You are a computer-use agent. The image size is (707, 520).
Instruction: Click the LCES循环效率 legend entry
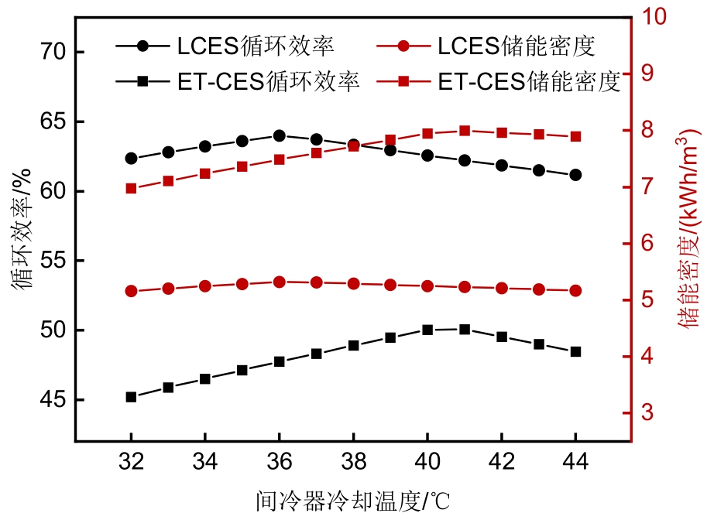pos(225,46)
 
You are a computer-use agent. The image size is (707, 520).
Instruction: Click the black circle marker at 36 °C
pos(279,135)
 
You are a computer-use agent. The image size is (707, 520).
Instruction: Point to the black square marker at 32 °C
pos(131,397)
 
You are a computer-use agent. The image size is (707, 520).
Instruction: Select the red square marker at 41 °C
pos(465,131)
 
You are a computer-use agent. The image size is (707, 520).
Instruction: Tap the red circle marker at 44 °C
pos(575,291)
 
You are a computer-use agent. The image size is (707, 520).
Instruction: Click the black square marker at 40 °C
pos(427,330)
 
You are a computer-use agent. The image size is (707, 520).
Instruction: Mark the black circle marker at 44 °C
pos(575,175)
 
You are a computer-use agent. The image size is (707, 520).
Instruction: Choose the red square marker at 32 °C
pos(131,188)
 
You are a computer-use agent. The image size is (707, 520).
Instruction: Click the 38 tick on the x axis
pos(353,463)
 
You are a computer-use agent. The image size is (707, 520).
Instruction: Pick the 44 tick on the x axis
pos(575,463)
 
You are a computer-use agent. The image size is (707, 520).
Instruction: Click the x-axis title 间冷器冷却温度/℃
pos(352,500)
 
